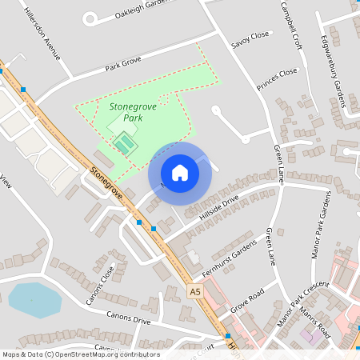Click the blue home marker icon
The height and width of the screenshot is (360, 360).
pos(180,173)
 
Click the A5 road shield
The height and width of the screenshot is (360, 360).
pos(195,293)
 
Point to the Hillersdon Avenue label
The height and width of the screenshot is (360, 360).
pos(42,35)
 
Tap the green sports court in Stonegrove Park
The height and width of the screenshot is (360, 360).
pos(124,145)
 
